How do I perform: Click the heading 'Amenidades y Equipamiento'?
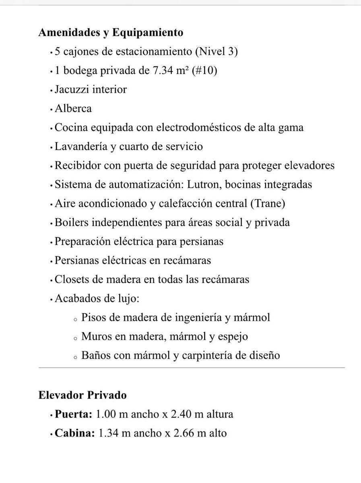click(111, 33)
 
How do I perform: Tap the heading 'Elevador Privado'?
click(83, 395)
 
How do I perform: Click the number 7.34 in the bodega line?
click(165, 71)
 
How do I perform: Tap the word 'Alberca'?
click(73, 108)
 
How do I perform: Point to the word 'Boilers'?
click(71, 222)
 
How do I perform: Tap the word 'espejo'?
click(233, 336)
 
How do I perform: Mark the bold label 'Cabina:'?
click(75, 433)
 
